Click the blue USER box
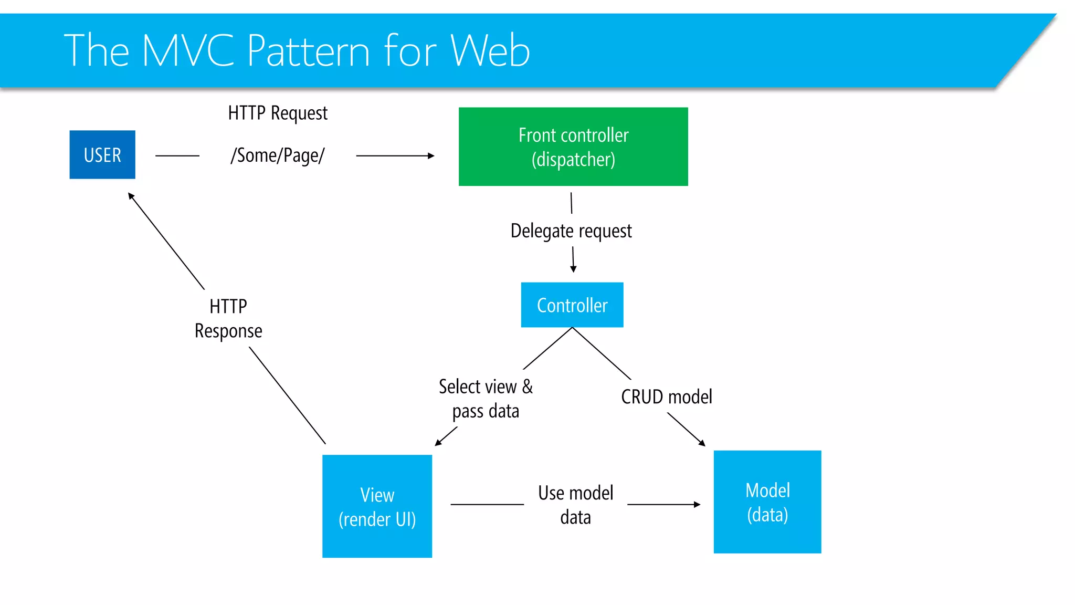[x=102, y=154]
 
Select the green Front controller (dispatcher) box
[x=573, y=147]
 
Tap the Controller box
[x=572, y=305]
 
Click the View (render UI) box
[x=377, y=506]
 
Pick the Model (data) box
[x=767, y=502]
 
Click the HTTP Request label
[x=278, y=113]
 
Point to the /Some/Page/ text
[x=278, y=155]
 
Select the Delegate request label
[x=571, y=231]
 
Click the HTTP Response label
[x=228, y=318]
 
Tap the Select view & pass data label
[x=486, y=399]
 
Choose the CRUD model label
[x=667, y=397]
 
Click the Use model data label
[x=576, y=505]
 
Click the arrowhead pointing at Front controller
[x=431, y=156]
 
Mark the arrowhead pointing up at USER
[x=131, y=196]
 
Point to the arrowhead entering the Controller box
[x=573, y=269]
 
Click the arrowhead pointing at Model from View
[x=697, y=505]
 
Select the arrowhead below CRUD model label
[x=702, y=443]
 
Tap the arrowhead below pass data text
[x=438, y=443]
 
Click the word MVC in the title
[x=188, y=50]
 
